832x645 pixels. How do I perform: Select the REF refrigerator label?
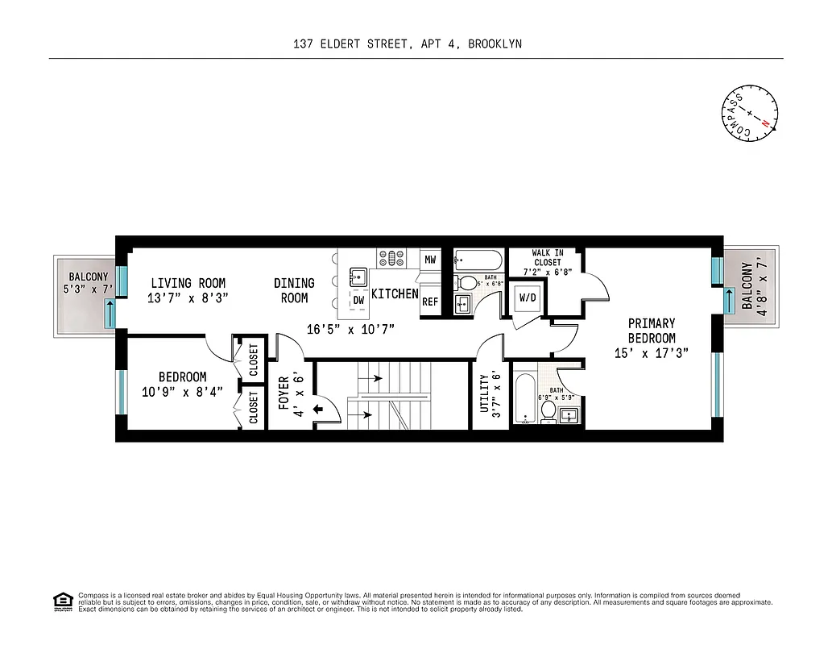click(430, 302)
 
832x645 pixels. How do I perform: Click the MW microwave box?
click(430, 260)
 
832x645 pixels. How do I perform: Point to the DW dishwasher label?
click(358, 300)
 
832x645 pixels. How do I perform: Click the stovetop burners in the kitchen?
click(391, 258)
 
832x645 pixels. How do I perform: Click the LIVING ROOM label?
click(188, 290)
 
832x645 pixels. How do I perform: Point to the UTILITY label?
click(490, 393)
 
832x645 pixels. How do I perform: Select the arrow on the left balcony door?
click(110, 312)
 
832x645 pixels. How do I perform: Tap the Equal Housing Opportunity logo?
click(61, 600)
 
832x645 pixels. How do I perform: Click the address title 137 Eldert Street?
click(408, 44)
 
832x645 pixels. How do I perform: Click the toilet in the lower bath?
click(548, 411)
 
